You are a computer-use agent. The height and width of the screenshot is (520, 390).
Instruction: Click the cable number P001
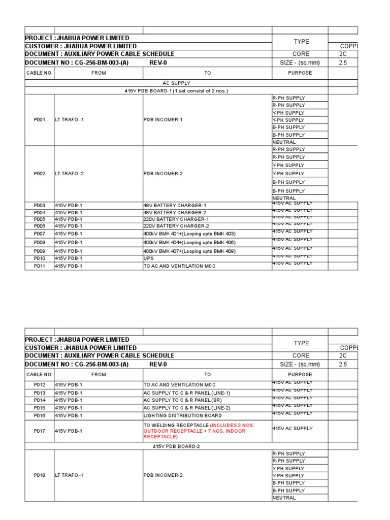click(40, 120)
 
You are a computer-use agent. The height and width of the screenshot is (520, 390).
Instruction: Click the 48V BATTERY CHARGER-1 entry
click(175, 206)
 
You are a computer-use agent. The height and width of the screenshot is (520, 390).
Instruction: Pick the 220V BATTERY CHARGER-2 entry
click(176, 226)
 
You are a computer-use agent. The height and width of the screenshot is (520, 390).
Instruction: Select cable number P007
click(40, 234)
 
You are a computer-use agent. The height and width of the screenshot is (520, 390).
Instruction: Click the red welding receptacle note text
click(203, 431)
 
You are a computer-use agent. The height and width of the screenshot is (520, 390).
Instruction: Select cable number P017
click(40, 431)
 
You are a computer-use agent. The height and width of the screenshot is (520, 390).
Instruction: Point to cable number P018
click(40, 475)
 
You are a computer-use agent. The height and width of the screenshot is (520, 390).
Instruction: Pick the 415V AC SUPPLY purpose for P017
click(292, 429)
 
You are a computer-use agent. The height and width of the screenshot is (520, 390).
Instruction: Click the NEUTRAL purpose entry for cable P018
click(284, 498)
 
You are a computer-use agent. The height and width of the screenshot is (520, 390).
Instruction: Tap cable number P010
click(40, 258)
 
